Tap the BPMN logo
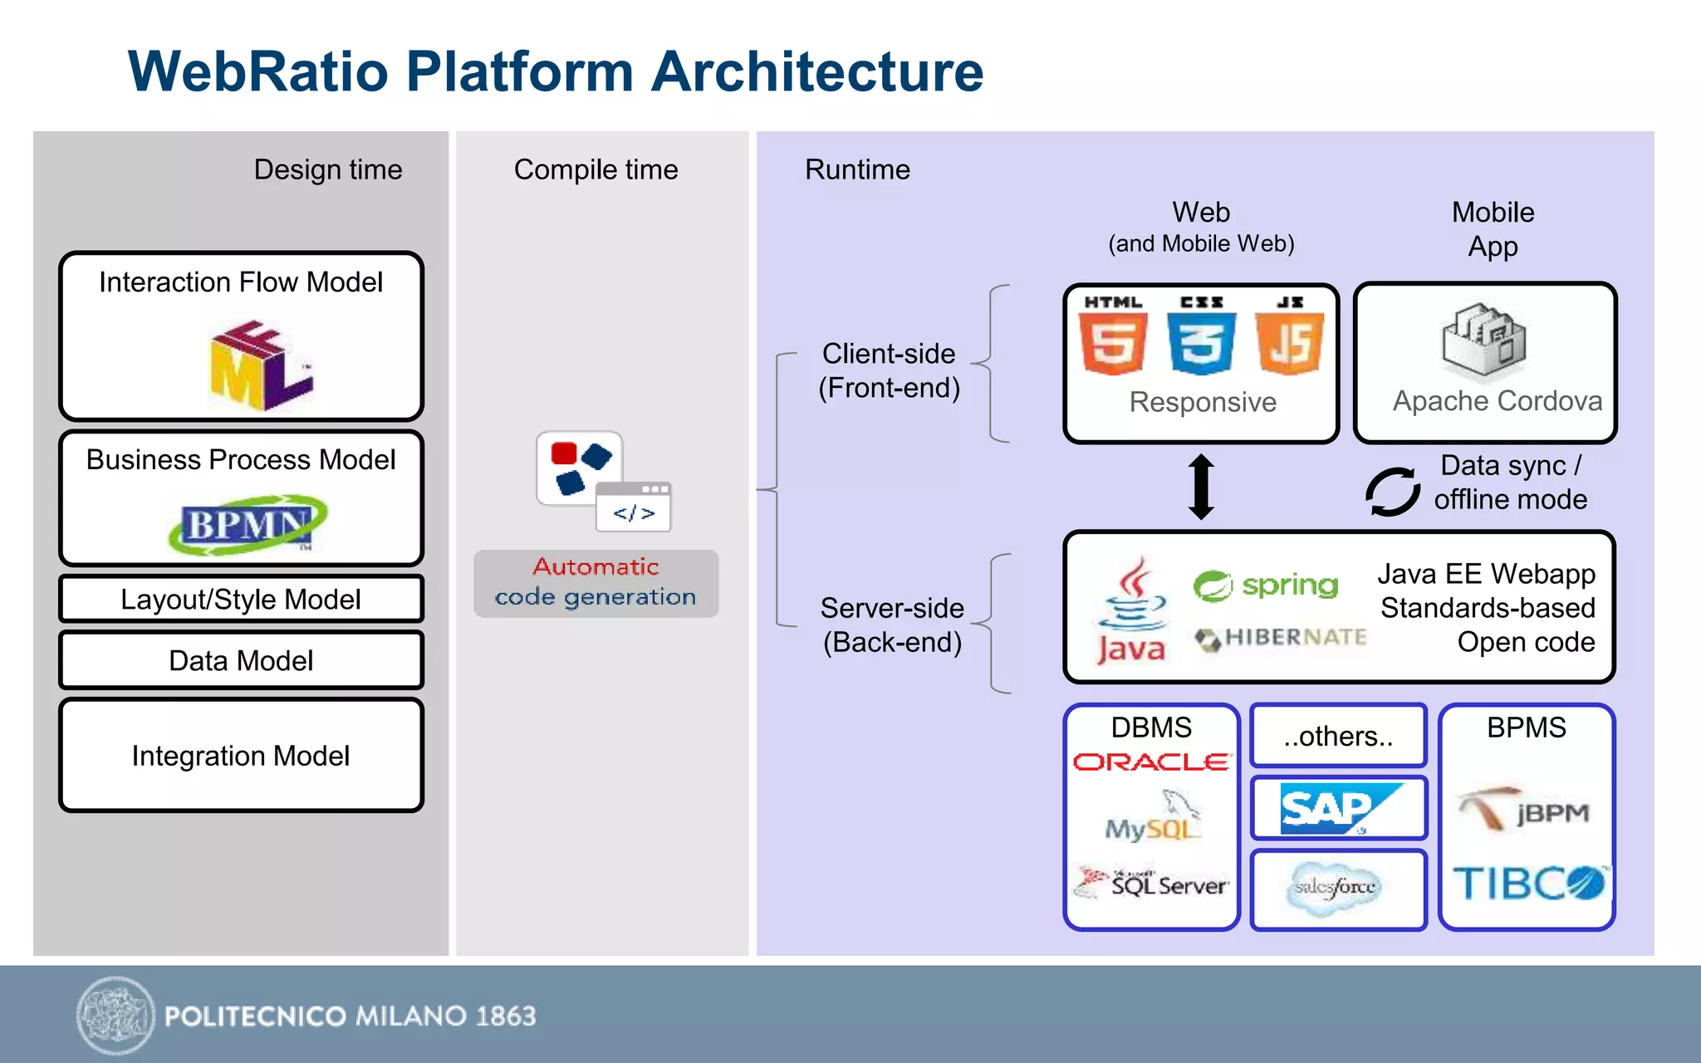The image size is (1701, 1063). [x=247, y=524]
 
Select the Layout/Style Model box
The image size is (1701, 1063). [x=241, y=599]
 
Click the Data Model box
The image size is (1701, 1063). [x=241, y=660]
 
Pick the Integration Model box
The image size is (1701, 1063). [x=241, y=755]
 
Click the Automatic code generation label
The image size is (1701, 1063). [x=596, y=582]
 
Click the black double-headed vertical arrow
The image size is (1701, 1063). [x=1201, y=487]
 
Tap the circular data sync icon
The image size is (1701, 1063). [x=1393, y=491]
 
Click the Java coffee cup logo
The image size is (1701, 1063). [x=1130, y=610]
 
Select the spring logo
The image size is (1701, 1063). [x=1265, y=585]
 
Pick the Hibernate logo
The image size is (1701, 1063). [x=1280, y=638]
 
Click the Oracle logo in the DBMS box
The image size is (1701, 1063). [x=1151, y=762]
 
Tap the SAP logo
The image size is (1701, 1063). [x=1337, y=807]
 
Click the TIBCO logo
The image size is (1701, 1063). [x=1527, y=883]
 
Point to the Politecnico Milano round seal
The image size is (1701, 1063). [x=115, y=1015]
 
